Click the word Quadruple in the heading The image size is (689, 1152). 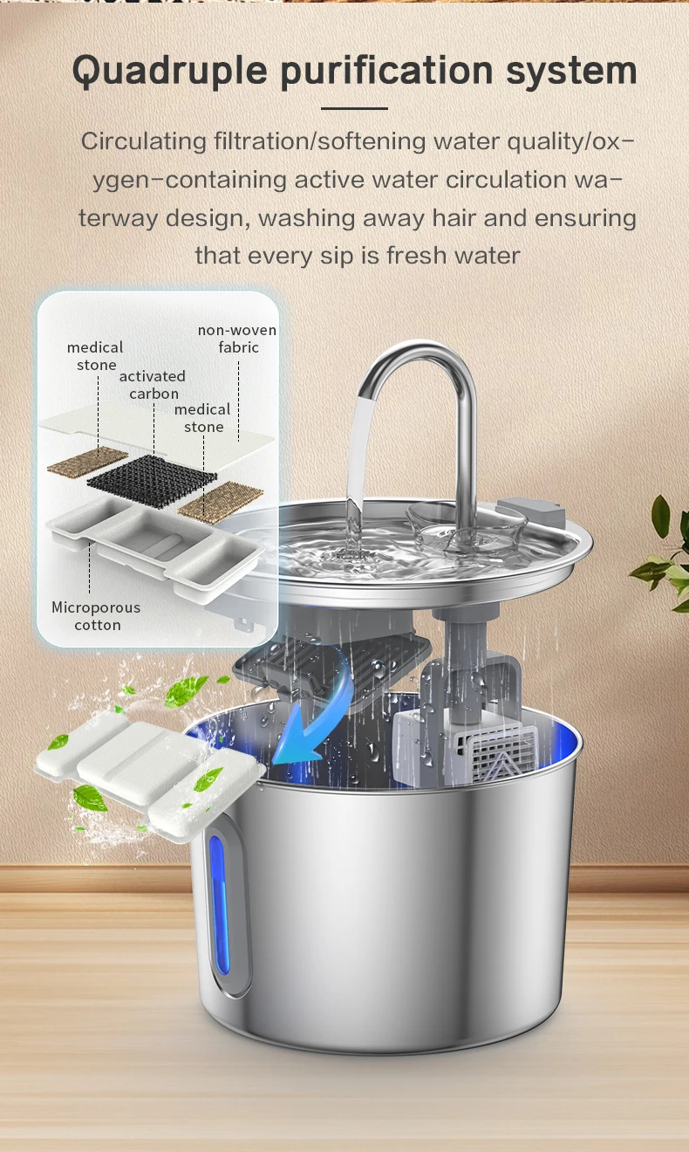point(170,71)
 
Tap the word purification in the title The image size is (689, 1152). point(387,71)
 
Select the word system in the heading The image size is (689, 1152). point(571,72)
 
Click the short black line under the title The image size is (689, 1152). point(354,108)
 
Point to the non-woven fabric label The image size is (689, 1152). point(237,339)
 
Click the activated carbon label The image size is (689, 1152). point(153,385)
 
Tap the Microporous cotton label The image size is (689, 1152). point(96,615)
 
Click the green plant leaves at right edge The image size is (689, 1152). point(663,555)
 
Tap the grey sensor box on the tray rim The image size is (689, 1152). point(529,511)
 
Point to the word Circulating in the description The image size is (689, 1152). point(144,141)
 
